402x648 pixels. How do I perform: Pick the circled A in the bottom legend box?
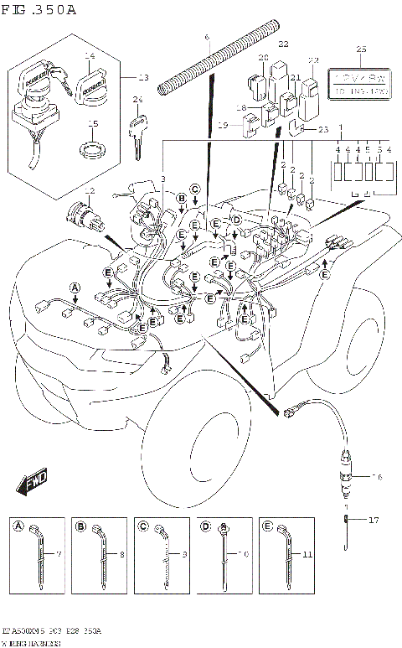(x=18, y=526)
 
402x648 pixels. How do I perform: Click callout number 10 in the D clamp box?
(x=245, y=555)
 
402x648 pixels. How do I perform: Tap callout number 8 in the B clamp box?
(x=122, y=555)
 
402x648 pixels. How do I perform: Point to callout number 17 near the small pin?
(x=374, y=520)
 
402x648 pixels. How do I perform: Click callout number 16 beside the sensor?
(x=378, y=476)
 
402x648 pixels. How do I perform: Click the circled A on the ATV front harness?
(x=75, y=288)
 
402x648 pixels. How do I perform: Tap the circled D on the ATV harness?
(x=236, y=219)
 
